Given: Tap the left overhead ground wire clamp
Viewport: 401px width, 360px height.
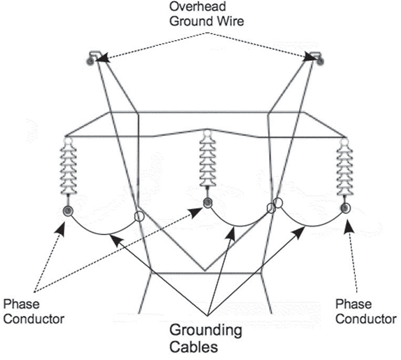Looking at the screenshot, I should click(92, 57).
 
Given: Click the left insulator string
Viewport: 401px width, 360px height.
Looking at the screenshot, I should click(67, 171).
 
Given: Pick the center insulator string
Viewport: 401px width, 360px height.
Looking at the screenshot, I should click(207, 163).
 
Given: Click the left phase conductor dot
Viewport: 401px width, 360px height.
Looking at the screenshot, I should click(68, 212).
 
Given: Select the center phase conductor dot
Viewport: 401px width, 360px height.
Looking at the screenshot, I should click(207, 202).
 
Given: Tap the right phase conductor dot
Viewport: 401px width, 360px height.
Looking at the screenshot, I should click(345, 208).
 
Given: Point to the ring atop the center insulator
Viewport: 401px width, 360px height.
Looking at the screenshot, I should click(207, 134).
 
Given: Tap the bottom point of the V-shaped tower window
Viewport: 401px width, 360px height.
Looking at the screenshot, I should click(205, 270).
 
